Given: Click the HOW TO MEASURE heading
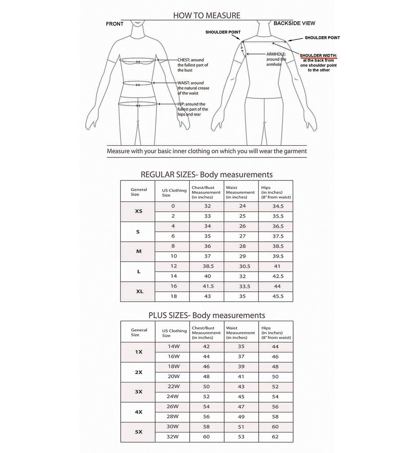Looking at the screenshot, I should coord(207,15).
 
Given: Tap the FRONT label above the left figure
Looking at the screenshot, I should coord(115,24).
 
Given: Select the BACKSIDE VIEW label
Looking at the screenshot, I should coord(294,23).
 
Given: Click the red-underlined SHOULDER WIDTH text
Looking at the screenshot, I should coord(318,56).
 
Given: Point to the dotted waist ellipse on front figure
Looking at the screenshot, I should coord(138,83).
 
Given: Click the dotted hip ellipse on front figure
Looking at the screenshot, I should coord(138,104).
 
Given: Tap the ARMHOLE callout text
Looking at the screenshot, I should coord(276,59).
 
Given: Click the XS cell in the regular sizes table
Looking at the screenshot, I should coord(138,211).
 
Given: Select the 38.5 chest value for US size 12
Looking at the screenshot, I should coord(208,266).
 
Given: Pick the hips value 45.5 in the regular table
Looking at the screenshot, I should coord(278,296).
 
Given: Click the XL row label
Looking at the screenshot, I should coord(139,291).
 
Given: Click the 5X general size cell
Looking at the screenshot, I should coord(138,432).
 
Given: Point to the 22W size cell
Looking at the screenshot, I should coord(174,387).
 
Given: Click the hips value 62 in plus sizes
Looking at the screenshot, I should coord(275,437).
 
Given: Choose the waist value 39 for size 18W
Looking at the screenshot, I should coord(241,366).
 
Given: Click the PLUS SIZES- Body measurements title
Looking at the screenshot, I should coord(207,315).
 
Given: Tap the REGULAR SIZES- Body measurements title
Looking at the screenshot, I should coord(207,175).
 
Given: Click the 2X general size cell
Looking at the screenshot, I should coord(138,372).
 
